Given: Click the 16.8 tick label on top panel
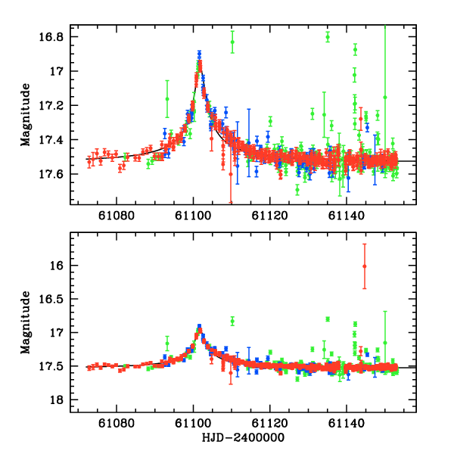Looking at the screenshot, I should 56,37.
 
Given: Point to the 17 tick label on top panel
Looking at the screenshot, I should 60,71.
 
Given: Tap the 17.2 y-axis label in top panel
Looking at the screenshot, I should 56,106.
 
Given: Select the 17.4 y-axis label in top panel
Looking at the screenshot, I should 56,140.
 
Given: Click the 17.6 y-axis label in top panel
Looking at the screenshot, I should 56,174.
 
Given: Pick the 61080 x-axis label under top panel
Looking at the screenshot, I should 117,216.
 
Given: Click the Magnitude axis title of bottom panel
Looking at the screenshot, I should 27,322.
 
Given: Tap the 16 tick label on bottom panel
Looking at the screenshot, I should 60,266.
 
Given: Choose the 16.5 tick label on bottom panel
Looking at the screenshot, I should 56,299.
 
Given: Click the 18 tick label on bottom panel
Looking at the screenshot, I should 60,400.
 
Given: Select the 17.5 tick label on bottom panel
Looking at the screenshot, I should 56,366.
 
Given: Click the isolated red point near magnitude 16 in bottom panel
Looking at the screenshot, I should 365,266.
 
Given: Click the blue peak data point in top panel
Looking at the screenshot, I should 199,54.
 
